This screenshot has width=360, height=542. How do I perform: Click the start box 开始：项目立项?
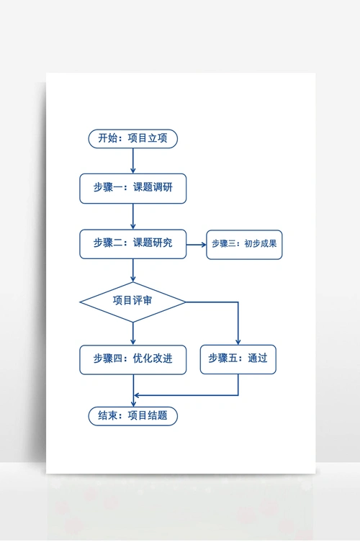[x=132, y=139]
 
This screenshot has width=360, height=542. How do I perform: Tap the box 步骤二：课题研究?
[x=132, y=243]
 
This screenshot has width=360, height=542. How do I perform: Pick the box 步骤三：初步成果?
[x=244, y=244]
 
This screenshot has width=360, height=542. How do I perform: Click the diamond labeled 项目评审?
[x=132, y=302]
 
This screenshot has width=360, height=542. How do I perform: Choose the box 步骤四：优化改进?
[x=132, y=358]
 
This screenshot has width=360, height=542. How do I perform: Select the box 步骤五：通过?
[x=238, y=358]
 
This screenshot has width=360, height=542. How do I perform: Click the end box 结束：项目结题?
[x=132, y=415]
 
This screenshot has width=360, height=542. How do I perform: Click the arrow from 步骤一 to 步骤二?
[x=133, y=216]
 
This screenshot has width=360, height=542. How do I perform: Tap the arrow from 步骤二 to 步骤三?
[x=196, y=244]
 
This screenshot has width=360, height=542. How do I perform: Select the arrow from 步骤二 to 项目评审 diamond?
[x=133, y=270]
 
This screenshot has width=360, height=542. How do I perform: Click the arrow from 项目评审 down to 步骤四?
[x=133, y=333]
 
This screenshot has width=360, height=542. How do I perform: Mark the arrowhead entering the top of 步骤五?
[x=238, y=341]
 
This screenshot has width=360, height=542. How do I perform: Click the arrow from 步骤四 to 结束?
[x=133, y=389]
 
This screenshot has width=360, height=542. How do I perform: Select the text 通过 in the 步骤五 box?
[x=257, y=358]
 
